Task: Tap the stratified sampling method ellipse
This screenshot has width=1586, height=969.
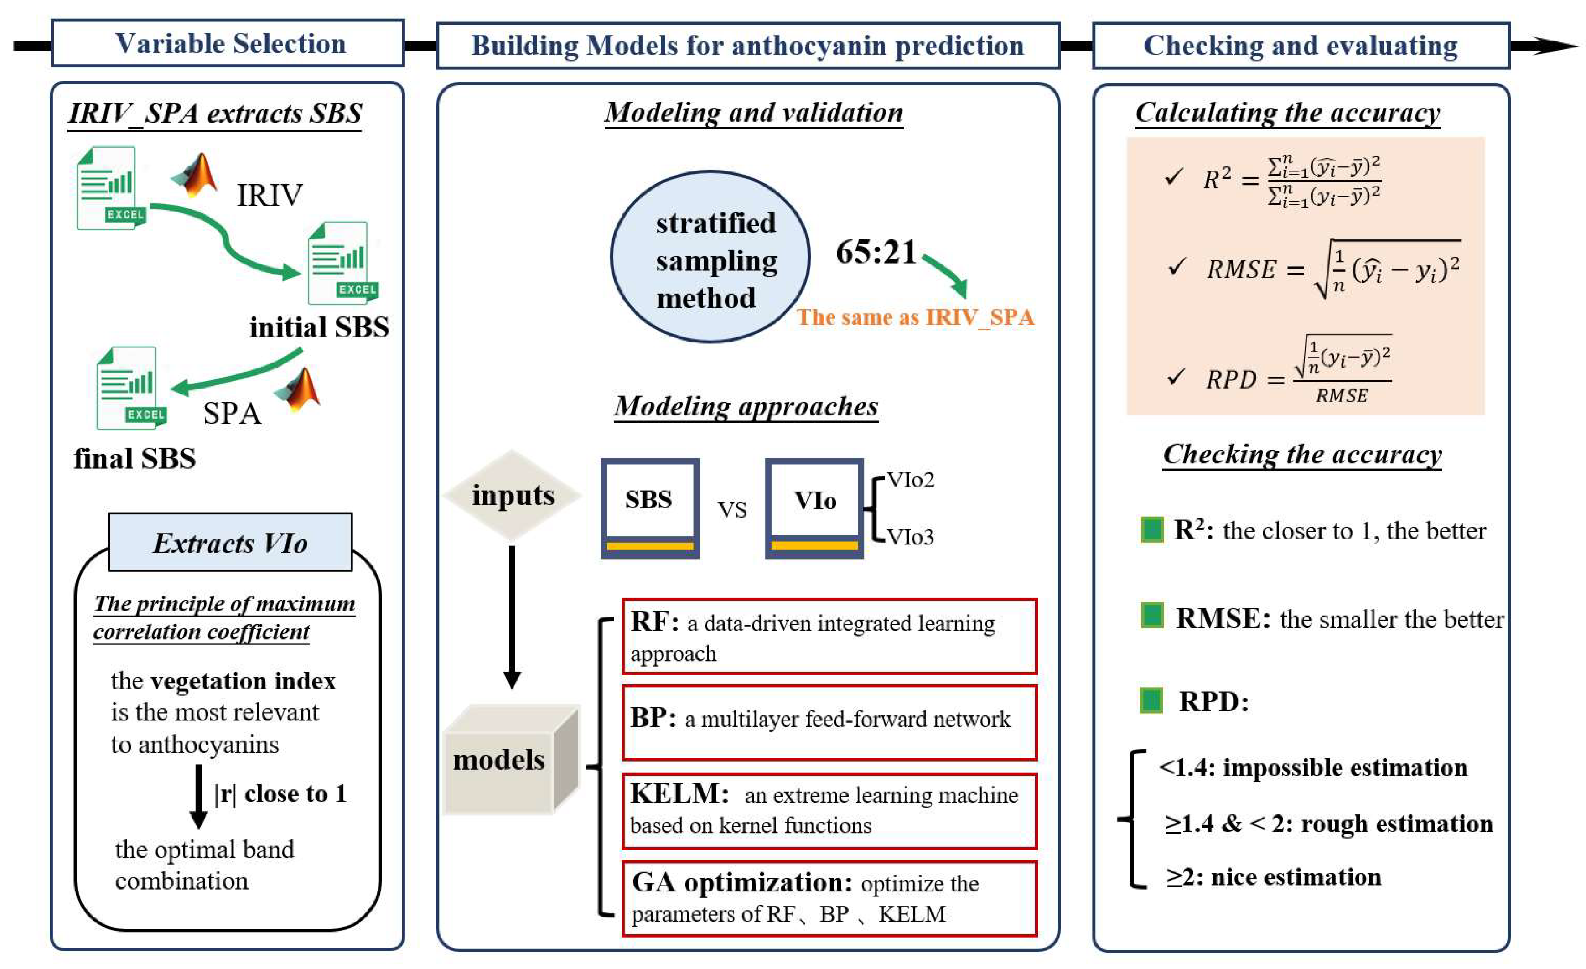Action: (x=710, y=256)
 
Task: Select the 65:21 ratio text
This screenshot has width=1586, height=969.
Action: (x=876, y=252)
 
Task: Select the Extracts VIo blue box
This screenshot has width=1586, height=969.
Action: (x=230, y=542)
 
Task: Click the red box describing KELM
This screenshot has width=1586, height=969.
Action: (x=829, y=810)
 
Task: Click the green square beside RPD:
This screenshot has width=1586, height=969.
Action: (x=1151, y=700)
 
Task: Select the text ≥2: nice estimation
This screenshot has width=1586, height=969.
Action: (x=1274, y=877)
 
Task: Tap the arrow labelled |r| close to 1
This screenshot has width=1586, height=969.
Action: (x=199, y=796)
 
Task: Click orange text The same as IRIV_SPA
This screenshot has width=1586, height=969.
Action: (x=915, y=317)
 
